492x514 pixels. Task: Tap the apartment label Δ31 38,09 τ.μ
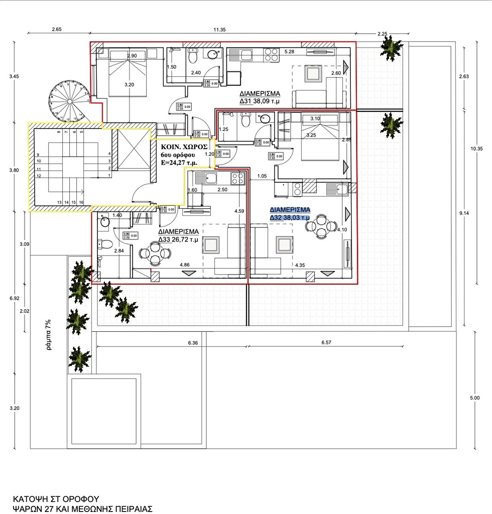pyautogui.click(x=259, y=101)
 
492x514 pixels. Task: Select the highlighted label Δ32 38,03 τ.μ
pyautogui.click(x=290, y=217)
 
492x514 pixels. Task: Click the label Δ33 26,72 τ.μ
pyautogui.click(x=178, y=239)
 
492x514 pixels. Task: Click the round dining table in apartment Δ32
pyautogui.click(x=322, y=226)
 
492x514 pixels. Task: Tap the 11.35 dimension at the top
pyautogui.click(x=219, y=30)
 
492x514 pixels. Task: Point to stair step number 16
pyautogui.click(x=81, y=202)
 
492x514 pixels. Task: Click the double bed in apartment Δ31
pyautogui.click(x=128, y=71)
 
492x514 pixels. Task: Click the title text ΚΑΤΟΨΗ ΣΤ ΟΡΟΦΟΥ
pyautogui.click(x=56, y=499)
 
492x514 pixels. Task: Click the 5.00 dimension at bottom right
pyautogui.click(x=474, y=398)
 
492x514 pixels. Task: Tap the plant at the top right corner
pyautogui.click(x=390, y=48)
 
